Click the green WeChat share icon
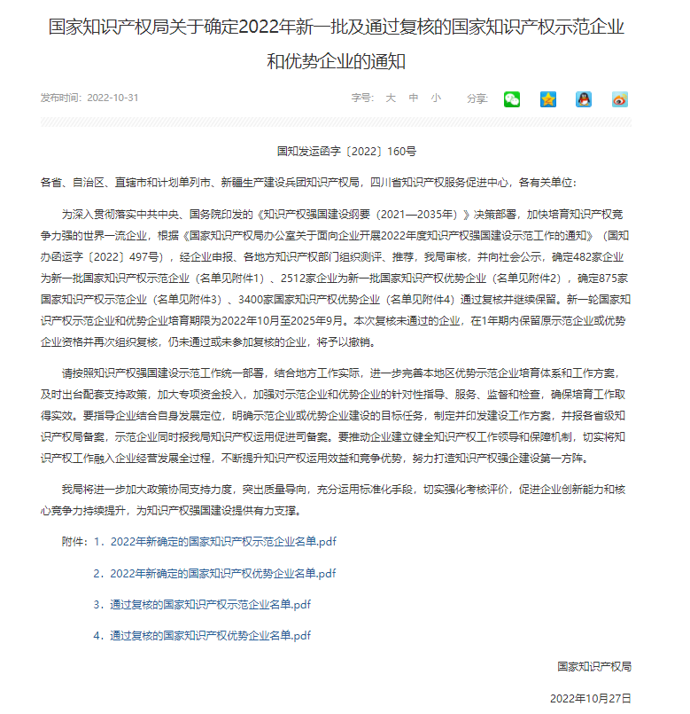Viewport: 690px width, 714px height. [x=512, y=99]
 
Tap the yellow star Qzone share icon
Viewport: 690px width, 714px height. [x=548, y=99]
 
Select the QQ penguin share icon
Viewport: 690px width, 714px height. [x=584, y=99]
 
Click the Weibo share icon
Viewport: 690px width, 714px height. [x=620, y=99]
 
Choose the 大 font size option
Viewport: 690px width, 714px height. [x=390, y=98]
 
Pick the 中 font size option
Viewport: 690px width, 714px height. [x=413, y=98]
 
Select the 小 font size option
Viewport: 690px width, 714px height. [x=436, y=98]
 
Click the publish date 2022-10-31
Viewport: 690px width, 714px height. [x=112, y=98]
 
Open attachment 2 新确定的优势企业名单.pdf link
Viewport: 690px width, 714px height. [x=223, y=573]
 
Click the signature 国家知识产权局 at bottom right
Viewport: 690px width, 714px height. [x=594, y=666]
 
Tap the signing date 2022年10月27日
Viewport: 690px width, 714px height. [x=591, y=698]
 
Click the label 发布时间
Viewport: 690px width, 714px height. [x=60, y=98]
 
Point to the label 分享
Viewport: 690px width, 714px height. [x=477, y=98]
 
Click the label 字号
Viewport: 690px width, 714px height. [x=361, y=98]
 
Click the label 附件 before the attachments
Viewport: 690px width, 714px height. [x=74, y=541]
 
